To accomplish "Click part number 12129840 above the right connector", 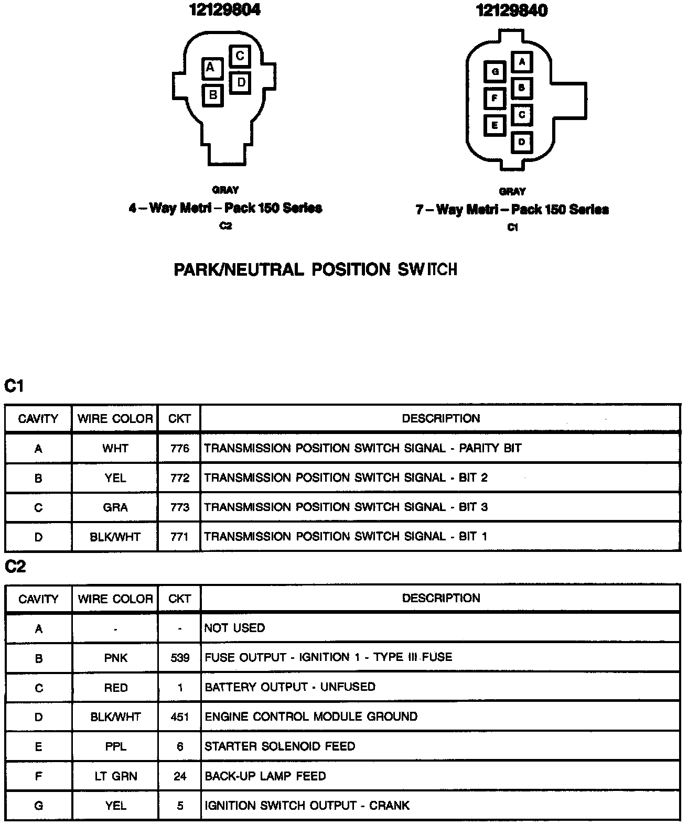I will click(x=511, y=10).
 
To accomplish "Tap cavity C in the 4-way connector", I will click(x=240, y=56).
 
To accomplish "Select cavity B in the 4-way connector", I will click(x=213, y=95).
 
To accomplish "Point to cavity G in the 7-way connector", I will click(x=495, y=72).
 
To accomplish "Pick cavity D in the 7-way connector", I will click(x=522, y=142).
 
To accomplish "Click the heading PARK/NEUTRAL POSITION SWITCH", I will click(x=315, y=270).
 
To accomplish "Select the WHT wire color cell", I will click(x=115, y=449).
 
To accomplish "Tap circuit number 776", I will click(x=179, y=449).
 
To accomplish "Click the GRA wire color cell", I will click(x=115, y=507).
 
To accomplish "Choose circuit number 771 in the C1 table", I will click(x=179, y=537).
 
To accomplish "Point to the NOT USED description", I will click(x=234, y=628).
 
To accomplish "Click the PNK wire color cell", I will click(x=115, y=658).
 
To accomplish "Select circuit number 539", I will click(x=180, y=658).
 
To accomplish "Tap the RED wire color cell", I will click(x=115, y=688).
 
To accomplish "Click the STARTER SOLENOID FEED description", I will click(x=279, y=746).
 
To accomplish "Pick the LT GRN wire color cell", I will click(x=115, y=776).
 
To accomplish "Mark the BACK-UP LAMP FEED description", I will click(x=265, y=776).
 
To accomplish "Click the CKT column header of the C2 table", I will click(x=179, y=599).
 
